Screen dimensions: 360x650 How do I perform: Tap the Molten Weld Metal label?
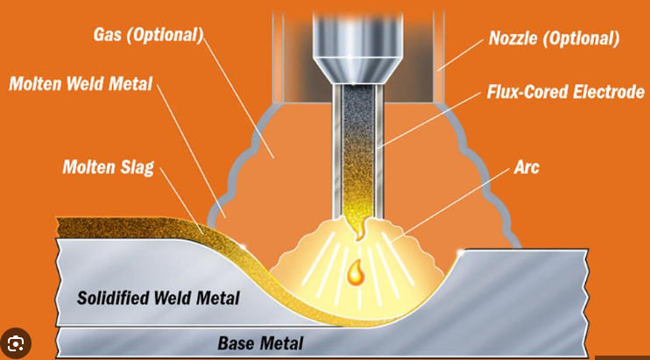pos(81,84)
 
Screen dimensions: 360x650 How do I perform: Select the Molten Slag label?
pos(108,167)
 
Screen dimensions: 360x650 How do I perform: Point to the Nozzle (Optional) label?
pos(554,39)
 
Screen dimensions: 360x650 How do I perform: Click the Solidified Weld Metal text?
pos(159,298)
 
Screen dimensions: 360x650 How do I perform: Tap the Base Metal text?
pos(260,342)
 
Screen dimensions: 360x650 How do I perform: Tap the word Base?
pos(237,342)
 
